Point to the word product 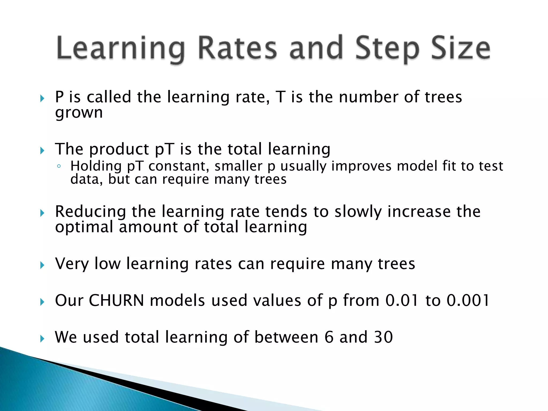click(x=119, y=150)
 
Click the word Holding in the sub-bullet click(x=96, y=166)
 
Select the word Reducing click(x=90, y=212)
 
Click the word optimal click(x=84, y=227)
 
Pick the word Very click(x=71, y=264)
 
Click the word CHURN click(x=116, y=300)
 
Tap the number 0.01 click(x=402, y=300)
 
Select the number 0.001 click(x=468, y=300)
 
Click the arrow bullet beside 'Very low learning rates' click(x=42, y=265)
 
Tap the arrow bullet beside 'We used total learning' click(x=42, y=339)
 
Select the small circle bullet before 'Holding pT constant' click(x=59, y=167)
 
